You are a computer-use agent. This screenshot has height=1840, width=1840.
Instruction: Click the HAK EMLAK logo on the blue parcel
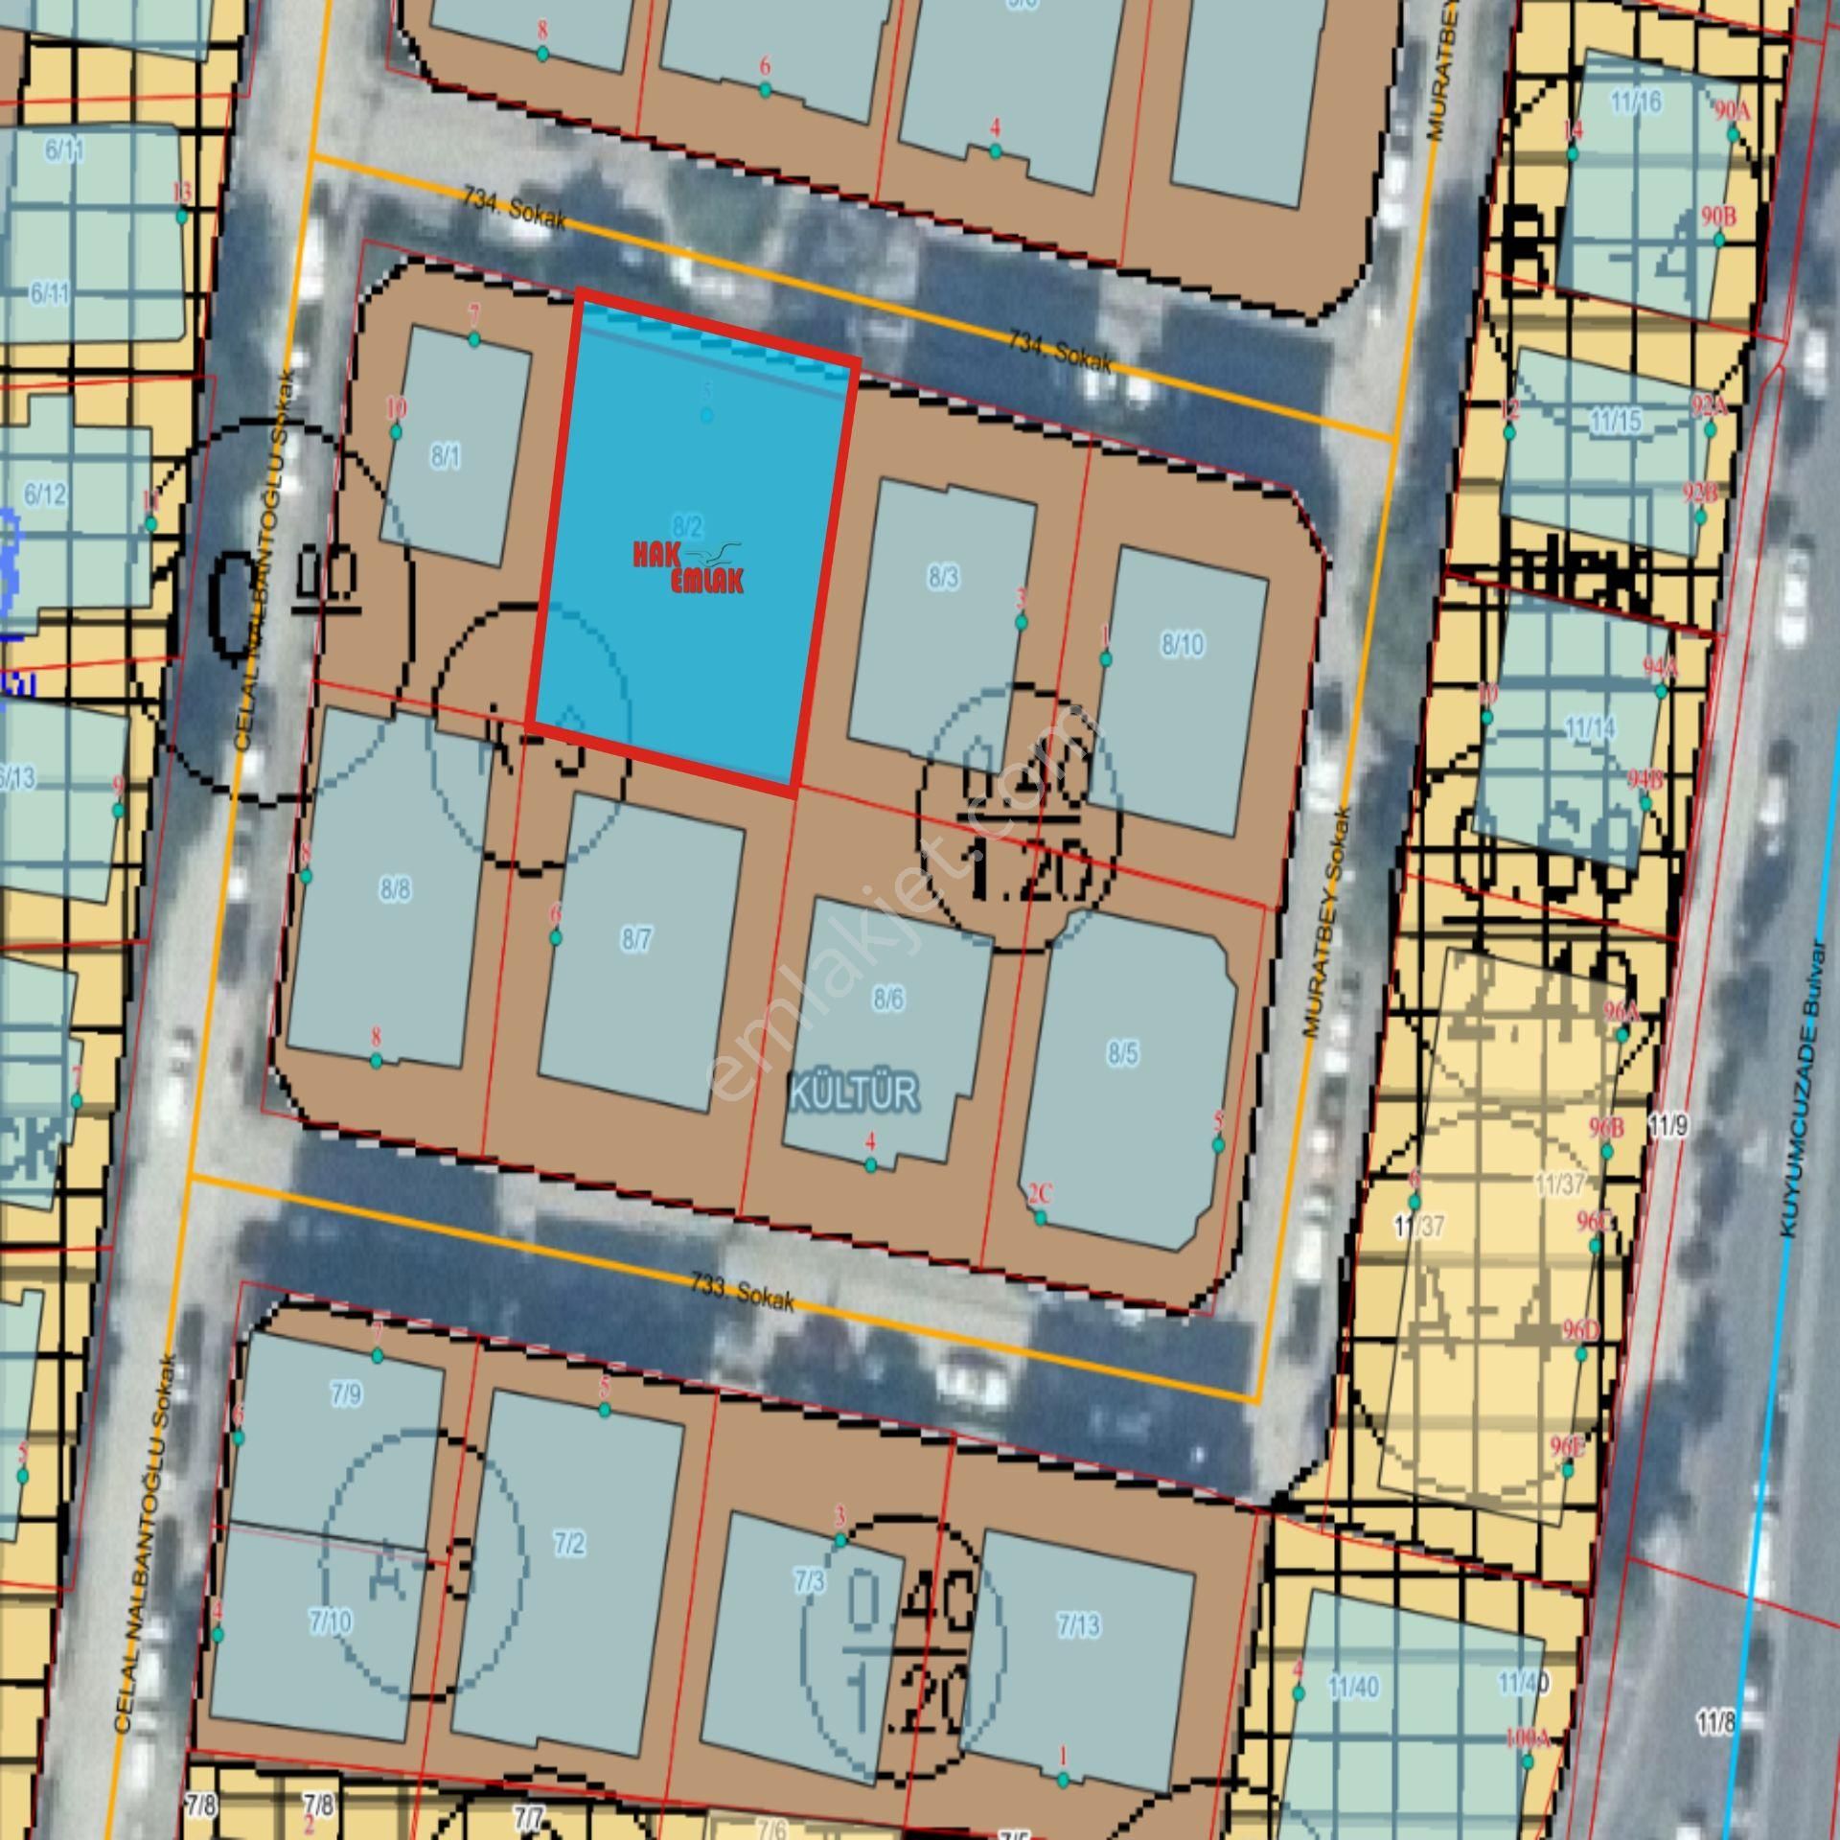click(687, 567)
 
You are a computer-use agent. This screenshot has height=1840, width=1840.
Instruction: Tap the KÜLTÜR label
click(854, 1092)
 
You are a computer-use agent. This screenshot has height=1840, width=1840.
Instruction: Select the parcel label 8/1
click(445, 457)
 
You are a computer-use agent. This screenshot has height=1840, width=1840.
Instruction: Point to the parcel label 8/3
click(943, 578)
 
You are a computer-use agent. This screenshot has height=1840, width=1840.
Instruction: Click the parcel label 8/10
click(1183, 645)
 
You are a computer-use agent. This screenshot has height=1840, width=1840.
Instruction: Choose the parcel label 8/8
click(395, 889)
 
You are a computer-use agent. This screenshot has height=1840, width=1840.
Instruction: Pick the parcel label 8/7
click(636, 939)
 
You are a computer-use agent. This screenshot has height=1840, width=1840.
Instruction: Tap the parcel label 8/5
click(1123, 1054)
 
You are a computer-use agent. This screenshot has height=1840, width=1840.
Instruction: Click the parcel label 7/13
click(1079, 1625)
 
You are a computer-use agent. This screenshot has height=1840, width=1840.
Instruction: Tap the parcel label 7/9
click(346, 1394)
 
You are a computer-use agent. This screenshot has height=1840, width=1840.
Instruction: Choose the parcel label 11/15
click(1616, 421)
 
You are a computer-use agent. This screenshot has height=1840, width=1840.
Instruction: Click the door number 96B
click(1606, 1128)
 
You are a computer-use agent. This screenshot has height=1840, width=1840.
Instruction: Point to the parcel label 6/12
click(45, 494)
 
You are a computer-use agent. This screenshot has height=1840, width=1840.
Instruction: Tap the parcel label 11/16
click(1636, 102)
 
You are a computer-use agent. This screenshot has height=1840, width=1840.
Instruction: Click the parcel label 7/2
click(569, 1544)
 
